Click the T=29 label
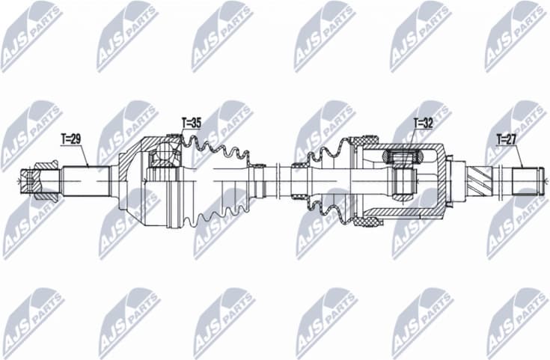point(70,138)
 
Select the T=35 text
point(191,121)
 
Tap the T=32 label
point(424,121)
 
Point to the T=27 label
point(507,138)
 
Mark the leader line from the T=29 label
point(82,156)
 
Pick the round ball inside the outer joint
point(161,159)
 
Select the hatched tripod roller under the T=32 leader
point(400,157)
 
